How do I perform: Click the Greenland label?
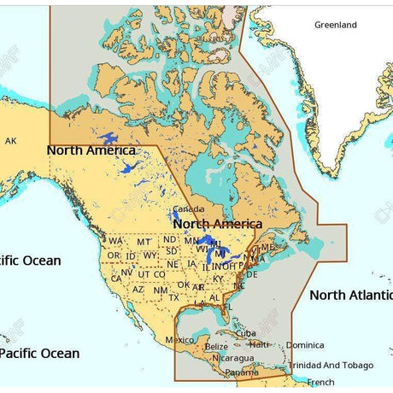335,26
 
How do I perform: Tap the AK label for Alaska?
10,141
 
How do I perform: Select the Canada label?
189,209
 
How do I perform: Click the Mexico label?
179,340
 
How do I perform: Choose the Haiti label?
259,344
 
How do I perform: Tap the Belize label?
217,347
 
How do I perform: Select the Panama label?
242,373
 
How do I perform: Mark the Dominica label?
305,345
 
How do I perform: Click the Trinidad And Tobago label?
331,366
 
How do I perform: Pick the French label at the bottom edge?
321,383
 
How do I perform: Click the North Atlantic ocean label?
351,295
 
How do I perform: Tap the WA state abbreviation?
115,241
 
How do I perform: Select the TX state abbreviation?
174,298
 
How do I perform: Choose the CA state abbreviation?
116,279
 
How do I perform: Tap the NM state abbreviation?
160,290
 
